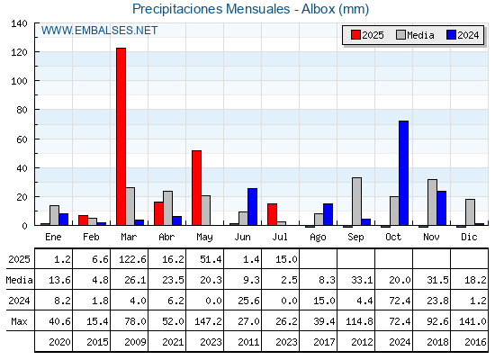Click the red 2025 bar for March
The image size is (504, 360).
pyautogui.click(x=121, y=137)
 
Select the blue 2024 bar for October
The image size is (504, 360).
pyautogui.click(x=404, y=173)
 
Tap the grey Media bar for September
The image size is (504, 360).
pyautogui.click(x=356, y=202)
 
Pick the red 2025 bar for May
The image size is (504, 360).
pyautogui.click(x=197, y=188)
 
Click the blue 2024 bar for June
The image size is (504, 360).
pyautogui.click(x=252, y=207)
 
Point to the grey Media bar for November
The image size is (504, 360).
pyautogui.click(x=432, y=202)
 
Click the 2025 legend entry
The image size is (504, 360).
pyautogui.click(x=367, y=35)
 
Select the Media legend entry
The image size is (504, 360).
pyautogui.click(x=415, y=35)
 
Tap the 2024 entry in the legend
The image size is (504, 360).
pyautogui.click(x=463, y=35)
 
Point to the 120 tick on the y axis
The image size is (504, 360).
pyautogui.click(x=19, y=52)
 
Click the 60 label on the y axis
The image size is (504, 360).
pyautogui.click(x=22, y=139)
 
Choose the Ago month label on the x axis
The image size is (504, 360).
pyautogui.click(x=318, y=238)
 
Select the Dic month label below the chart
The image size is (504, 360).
pyautogui.click(x=469, y=237)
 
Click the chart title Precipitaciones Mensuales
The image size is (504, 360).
pyautogui.click(x=211, y=9)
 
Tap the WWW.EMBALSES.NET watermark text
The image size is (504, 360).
pyautogui.click(x=99, y=31)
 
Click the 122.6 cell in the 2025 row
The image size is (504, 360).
pyautogui.click(x=132, y=259)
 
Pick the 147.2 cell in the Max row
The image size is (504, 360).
pyautogui.click(x=208, y=321)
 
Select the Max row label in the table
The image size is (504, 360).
pyautogui.click(x=19, y=321)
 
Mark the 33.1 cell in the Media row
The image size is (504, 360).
pyautogui.click(x=362, y=280)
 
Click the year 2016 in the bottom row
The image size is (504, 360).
pyautogui.click(x=475, y=342)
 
